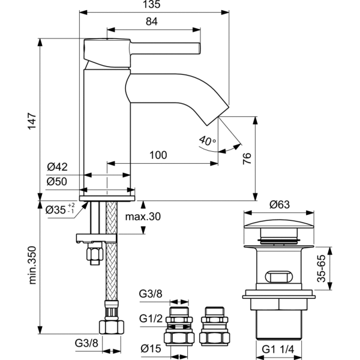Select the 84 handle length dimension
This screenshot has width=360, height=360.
pyautogui.click(x=152, y=22)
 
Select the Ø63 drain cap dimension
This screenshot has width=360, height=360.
pyautogui.click(x=280, y=204)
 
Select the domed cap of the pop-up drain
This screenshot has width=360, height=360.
pyautogui.click(x=280, y=229)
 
